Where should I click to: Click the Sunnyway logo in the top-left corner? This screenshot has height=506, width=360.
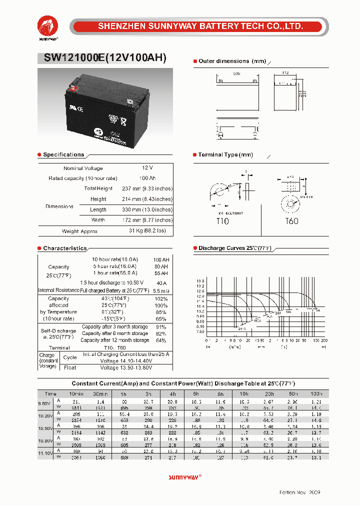click(48, 25)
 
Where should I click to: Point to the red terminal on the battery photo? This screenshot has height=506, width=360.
click(73, 88)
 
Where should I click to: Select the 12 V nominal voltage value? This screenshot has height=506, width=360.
click(147, 168)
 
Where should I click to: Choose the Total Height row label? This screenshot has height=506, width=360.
click(98, 188)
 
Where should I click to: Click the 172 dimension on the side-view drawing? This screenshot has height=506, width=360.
click(284, 73)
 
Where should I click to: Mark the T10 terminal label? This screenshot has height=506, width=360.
click(222, 221)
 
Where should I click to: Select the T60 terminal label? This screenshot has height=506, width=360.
click(291, 221)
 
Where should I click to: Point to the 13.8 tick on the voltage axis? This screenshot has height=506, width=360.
click(200, 281)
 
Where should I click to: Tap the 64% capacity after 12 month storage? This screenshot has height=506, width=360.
click(161, 340)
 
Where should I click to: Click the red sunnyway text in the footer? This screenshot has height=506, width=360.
click(184, 476)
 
